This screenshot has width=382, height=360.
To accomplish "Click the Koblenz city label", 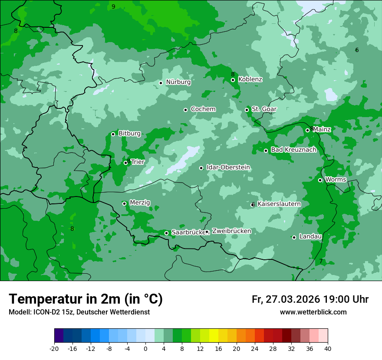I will point(250,79).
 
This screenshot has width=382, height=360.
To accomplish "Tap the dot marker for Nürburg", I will point(161,83).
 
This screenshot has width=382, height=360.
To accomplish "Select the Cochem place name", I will point(203,109).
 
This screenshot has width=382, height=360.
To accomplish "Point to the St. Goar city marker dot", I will point(247,110).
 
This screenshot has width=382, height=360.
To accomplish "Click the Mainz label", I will point(322,129).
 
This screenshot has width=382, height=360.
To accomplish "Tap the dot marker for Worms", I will point(320,180).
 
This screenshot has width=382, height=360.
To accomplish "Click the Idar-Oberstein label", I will point(228,167).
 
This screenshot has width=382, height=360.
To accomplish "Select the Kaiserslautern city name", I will point(279,204).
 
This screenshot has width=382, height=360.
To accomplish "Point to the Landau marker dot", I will point(294,237).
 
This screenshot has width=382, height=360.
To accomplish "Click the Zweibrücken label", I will point(231,231).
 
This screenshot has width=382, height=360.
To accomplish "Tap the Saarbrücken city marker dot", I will point(166,233).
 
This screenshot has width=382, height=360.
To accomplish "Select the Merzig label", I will point(140,203).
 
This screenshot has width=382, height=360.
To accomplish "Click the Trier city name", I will point(138,162).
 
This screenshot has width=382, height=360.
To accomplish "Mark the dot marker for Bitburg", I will point(113,134).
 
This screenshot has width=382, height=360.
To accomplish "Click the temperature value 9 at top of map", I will point(113,7).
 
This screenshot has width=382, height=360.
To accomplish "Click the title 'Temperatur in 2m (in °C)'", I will point(86,299).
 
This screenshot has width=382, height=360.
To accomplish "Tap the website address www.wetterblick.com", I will point(313,312).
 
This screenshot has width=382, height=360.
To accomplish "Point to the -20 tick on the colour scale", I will point(54,348).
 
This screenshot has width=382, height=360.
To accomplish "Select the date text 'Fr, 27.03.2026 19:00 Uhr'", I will point(310,299).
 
